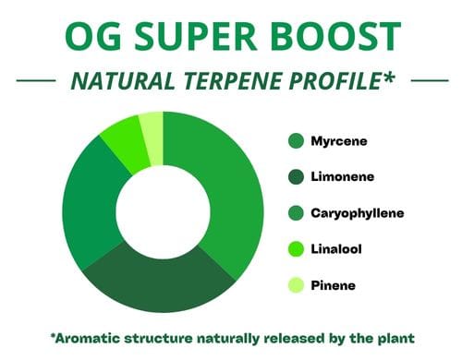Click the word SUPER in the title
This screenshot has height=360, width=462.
pyautogui.click(x=195, y=36)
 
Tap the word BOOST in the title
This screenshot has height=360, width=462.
pyautogui.click(x=335, y=36)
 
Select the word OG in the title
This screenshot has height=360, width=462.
pyautogui.click(x=93, y=36)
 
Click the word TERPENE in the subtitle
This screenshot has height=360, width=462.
pyautogui.click(x=234, y=80)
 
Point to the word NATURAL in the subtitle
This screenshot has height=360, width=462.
pyautogui.click(x=123, y=80)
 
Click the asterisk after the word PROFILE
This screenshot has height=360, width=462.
pyautogui.click(x=388, y=77)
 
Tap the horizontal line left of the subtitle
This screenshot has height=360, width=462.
pyautogui.click(x=36, y=80)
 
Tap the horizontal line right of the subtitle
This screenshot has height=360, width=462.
pyautogui.click(x=430, y=80)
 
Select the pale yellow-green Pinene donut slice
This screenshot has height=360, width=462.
pyautogui.click(x=152, y=138)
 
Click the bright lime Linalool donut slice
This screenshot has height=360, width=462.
pyautogui.click(x=127, y=145)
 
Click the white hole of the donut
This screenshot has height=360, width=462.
pyautogui.click(x=163, y=212)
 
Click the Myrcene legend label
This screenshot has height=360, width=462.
pyautogui.click(x=339, y=141)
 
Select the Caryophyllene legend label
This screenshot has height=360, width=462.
pyautogui.click(x=358, y=213)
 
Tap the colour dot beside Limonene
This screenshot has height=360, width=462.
pyautogui.click(x=296, y=177)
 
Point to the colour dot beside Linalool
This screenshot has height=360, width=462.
pyautogui.click(x=296, y=249)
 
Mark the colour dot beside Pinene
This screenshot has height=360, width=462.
pyautogui.click(x=296, y=285)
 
